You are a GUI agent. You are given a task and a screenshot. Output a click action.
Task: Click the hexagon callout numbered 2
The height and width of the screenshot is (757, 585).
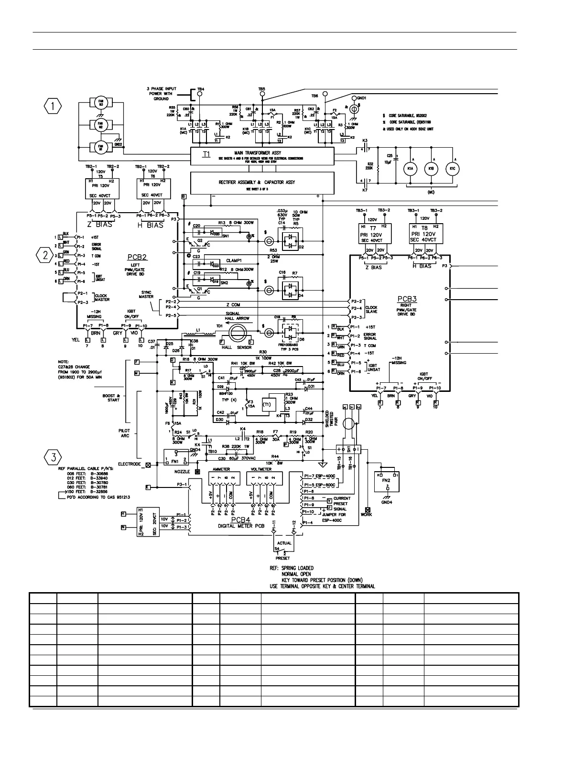coord(46,256)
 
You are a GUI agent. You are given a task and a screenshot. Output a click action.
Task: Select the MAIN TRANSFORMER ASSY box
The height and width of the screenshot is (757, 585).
coord(262,156)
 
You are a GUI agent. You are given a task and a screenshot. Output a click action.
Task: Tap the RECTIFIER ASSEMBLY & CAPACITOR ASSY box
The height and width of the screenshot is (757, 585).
coord(262,183)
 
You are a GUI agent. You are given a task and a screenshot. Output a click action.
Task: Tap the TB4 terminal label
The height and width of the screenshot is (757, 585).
coord(200,89)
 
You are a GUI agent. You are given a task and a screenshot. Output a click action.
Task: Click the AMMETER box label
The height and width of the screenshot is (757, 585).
coord(221,469)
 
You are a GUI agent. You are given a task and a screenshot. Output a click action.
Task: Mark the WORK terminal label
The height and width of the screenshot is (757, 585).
coord(367,515)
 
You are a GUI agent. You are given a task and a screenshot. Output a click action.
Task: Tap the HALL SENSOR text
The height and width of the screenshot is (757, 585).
coord(238,347)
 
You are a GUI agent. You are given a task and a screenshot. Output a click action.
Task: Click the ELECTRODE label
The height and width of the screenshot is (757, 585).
coord(129,464)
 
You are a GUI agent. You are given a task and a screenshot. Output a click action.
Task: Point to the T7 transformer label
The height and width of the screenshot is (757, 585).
coord(373,228)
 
